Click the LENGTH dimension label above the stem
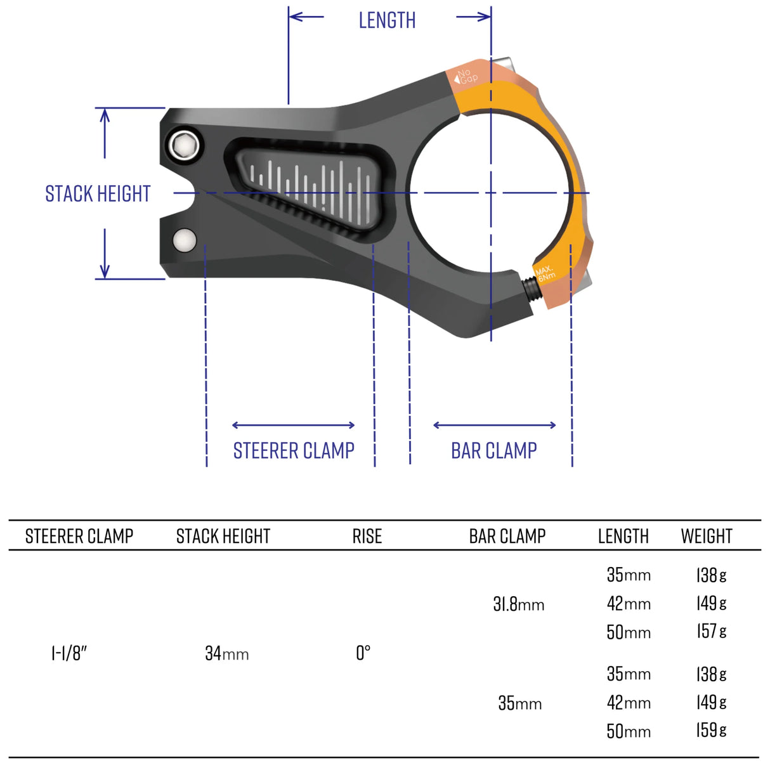pyautogui.click(x=387, y=20)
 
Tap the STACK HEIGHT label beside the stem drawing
pyautogui.click(x=98, y=193)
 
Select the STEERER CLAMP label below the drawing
pyautogui.click(x=294, y=450)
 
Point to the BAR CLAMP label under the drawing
pyautogui.click(x=493, y=450)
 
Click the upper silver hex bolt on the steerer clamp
pyautogui.click(x=185, y=145)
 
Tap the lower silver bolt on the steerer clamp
pyautogui.click(x=185, y=240)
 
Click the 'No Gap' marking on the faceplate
pyautogui.click(x=467, y=77)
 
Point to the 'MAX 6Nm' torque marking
pyautogui.click(x=545, y=273)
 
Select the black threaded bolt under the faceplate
pyautogui.click(x=532, y=289)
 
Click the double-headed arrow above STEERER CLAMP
pyautogui.click(x=294, y=425)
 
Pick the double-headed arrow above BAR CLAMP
pyautogui.click(x=494, y=425)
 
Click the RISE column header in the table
pyautogui.click(x=367, y=537)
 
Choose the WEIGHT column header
pyautogui.click(x=706, y=537)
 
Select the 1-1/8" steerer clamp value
pyautogui.click(x=69, y=653)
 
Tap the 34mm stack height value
pyautogui.click(x=226, y=653)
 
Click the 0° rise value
pyautogui.click(x=363, y=653)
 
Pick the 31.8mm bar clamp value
pyautogui.click(x=518, y=604)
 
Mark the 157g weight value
pyautogui.click(x=711, y=632)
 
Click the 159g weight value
pyautogui.click(x=711, y=731)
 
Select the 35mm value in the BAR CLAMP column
pyautogui.click(x=519, y=703)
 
